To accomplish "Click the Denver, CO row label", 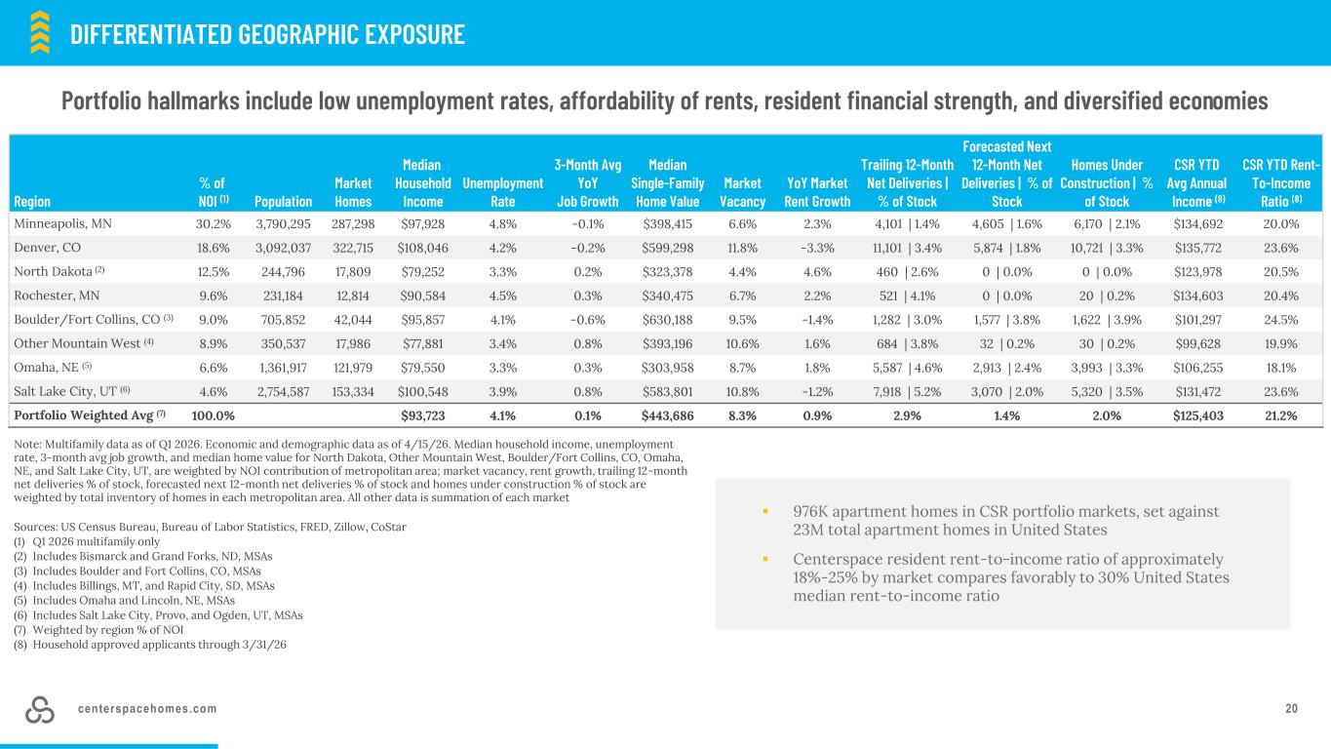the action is point(48,248).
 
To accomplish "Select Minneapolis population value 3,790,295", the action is point(283,224).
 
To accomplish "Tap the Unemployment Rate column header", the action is point(503,192).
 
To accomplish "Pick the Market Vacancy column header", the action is point(742,192).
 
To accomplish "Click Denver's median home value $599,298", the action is point(667,248).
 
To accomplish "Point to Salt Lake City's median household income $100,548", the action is point(422,392).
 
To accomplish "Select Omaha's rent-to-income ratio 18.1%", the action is point(1281,368).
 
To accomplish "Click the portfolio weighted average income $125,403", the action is point(1197,415).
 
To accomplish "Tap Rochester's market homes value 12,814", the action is point(353,296).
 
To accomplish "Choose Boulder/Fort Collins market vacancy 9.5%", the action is point(742,320).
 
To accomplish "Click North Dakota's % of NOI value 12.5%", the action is point(214,272).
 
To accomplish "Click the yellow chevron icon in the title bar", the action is point(40,32).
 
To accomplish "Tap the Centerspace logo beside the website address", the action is point(40,709).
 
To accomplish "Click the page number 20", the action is point(1291,709).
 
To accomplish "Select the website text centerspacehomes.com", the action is point(147,709).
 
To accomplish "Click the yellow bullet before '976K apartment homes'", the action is point(765,511).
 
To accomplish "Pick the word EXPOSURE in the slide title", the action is point(414,34).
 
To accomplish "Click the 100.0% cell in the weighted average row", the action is point(214,415).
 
